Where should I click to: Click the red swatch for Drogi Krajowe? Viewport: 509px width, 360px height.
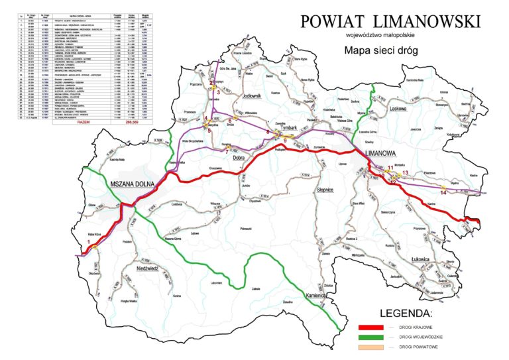[x=374, y=327]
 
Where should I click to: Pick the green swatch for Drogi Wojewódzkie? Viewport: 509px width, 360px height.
[x=374, y=337]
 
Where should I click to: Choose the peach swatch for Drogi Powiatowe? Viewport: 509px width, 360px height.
[x=374, y=348]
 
